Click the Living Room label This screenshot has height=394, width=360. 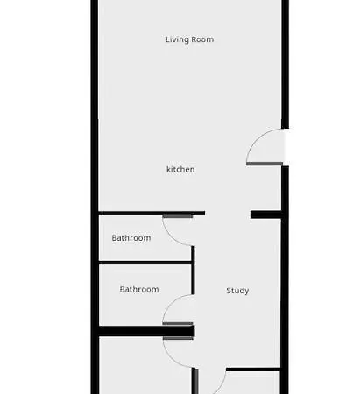click(x=189, y=39)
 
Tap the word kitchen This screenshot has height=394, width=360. click(x=180, y=169)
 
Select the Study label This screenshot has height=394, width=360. click(x=237, y=291)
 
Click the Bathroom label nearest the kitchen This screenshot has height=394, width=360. click(x=131, y=238)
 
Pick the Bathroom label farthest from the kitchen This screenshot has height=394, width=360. click(x=139, y=289)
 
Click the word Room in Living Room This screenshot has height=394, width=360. click(x=202, y=39)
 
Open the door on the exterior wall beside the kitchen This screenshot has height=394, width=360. click(x=265, y=147)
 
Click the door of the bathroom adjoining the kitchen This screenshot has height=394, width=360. click(x=178, y=229)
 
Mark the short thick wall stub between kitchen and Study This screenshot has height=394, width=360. click(x=265, y=215)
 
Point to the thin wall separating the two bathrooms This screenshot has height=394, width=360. click(x=145, y=262)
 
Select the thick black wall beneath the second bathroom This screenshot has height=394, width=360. click(x=131, y=330)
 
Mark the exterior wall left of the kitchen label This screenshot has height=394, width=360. click(x=95, y=169)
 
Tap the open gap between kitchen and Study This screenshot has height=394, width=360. click(x=228, y=215)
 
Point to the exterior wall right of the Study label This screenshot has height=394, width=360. click(x=282, y=291)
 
